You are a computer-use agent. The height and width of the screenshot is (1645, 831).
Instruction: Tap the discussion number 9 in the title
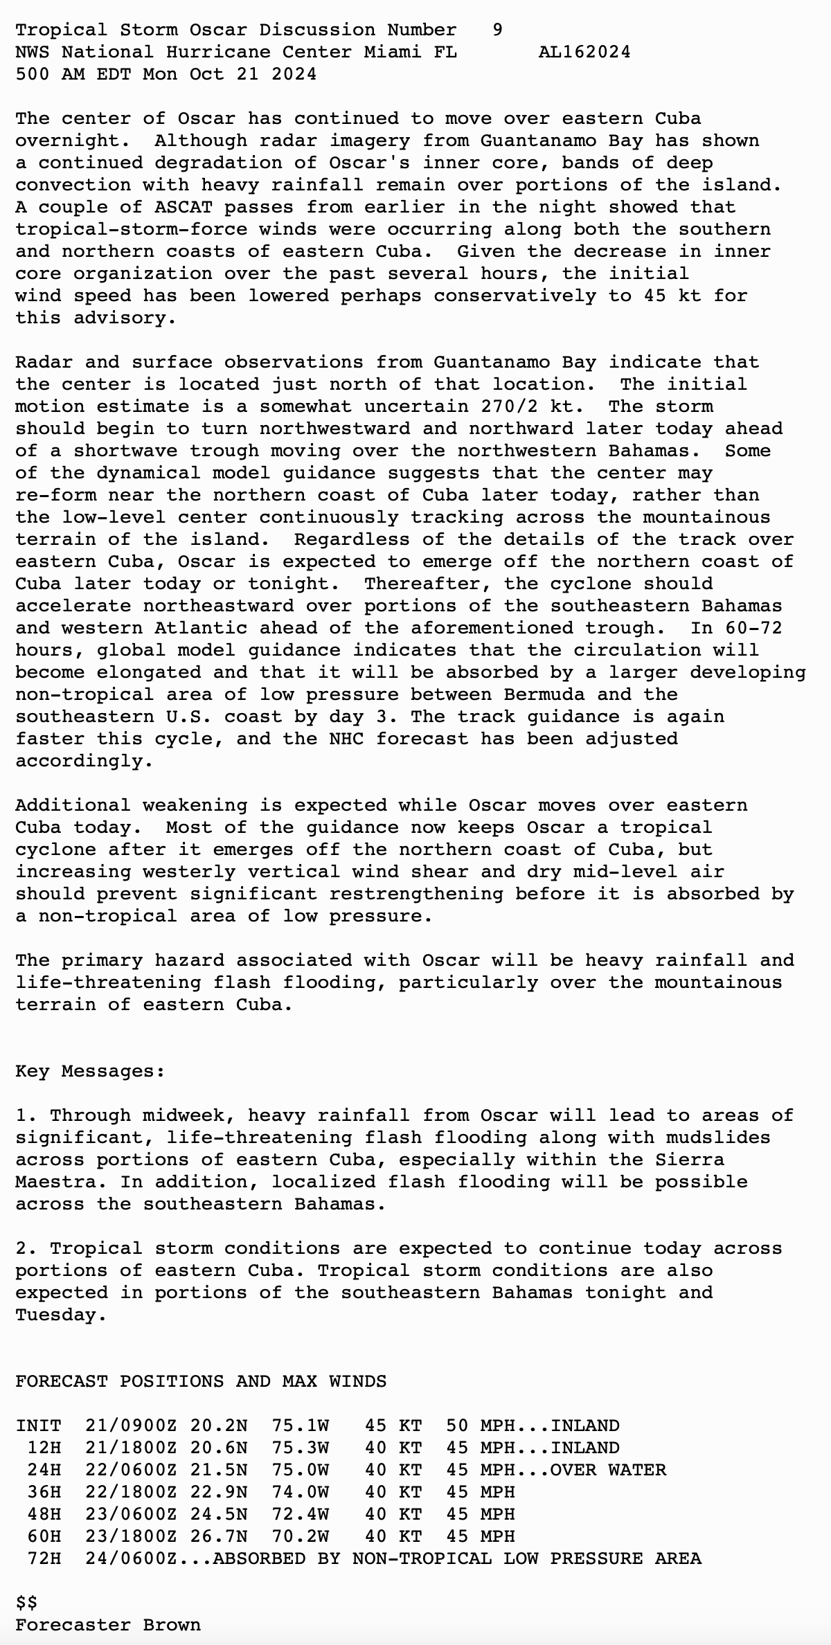pos(497,30)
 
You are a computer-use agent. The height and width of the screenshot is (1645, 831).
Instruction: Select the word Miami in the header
pos(392,52)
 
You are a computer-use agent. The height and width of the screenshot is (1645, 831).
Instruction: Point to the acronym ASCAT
pos(184,207)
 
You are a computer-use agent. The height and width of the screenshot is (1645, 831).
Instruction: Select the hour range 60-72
pos(753,628)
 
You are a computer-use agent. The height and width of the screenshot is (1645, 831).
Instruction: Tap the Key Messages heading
pos(90,1071)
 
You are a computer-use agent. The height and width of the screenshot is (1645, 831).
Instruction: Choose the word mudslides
pos(718,1138)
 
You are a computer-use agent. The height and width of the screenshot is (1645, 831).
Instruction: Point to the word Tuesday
pos(61,1315)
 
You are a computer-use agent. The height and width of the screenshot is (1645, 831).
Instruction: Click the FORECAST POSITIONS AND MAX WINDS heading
pos(201,1381)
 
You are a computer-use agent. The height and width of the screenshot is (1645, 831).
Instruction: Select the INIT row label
pos(39,1426)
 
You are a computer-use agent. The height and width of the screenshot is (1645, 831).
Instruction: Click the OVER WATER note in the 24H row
pos(608,1470)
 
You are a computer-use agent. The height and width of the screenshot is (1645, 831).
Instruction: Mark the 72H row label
pos(44,1558)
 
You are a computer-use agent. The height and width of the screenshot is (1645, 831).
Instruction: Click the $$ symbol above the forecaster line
pos(27,1603)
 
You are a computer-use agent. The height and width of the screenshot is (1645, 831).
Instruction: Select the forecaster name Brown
pos(172,1625)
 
